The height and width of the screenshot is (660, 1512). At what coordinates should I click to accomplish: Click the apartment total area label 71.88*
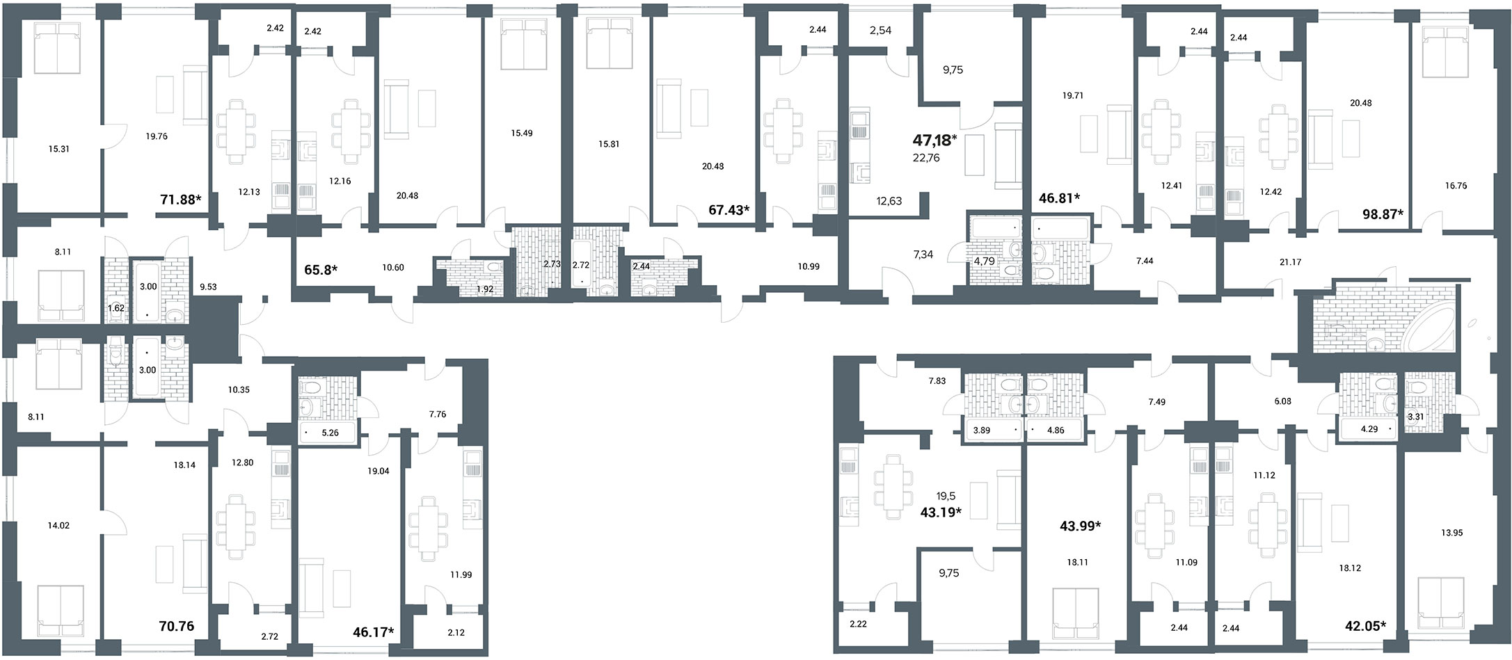point(181,200)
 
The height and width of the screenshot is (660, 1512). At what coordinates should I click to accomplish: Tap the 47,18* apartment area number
point(934,141)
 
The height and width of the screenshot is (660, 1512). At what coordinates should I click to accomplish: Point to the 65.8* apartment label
point(321,268)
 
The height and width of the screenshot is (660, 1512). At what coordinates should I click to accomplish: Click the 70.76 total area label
point(177,626)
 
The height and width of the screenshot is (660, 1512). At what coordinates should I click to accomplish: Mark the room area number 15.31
point(59,149)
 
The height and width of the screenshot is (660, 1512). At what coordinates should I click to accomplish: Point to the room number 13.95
point(1446,533)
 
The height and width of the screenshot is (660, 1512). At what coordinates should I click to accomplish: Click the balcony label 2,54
point(880,31)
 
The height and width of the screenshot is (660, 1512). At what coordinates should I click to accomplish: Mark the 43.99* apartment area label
point(1081,526)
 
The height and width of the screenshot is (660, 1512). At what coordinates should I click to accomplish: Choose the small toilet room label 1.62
point(116,307)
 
